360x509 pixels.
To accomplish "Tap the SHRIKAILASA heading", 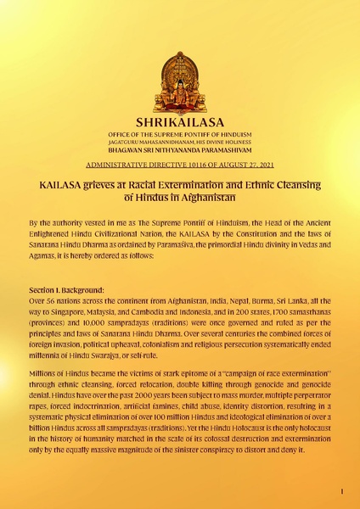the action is click(x=179, y=122).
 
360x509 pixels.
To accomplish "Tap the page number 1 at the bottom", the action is click(x=340, y=492).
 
